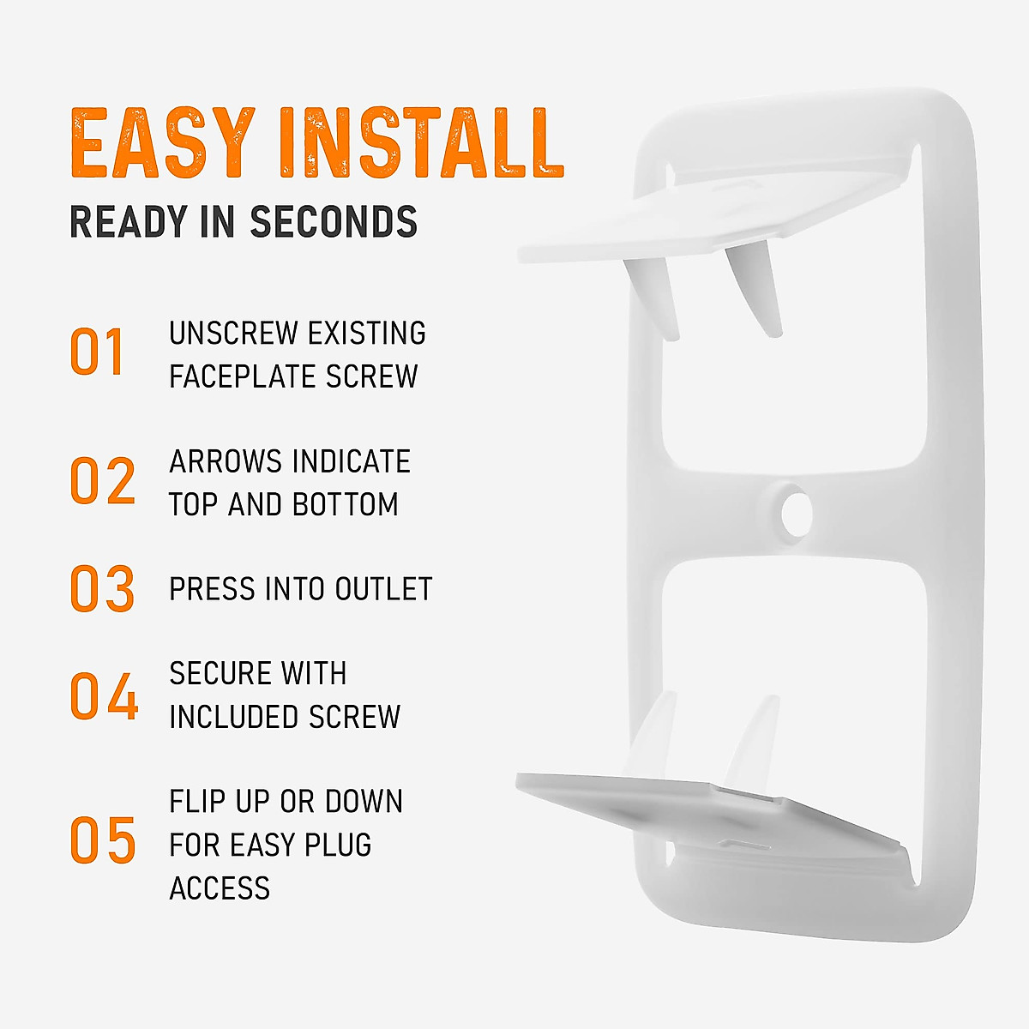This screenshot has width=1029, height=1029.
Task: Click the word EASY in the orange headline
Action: click(x=163, y=143)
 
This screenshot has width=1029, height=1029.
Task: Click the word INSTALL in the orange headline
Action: click(x=421, y=143)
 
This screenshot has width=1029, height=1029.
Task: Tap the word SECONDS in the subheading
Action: click(x=334, y=222)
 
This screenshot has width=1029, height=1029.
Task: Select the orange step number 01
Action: click(x=98, y=352)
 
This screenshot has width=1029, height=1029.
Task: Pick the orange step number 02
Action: click(x=103, y=481)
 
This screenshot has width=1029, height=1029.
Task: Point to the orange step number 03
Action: click(x=103, y=589)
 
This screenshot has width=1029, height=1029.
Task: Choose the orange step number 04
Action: click(x=104, y=695)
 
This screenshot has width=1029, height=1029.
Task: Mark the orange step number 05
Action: click(x=103, y=840)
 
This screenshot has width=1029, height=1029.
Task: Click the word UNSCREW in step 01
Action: click(x=232, y=333)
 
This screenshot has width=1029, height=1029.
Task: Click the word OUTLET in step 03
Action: click(x=383, y=589)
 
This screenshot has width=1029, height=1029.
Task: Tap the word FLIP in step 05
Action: click(x=196, y=802)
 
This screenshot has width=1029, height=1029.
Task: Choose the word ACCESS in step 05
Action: click(x=220, y=888)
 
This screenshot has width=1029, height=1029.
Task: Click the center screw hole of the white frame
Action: click(x=796, y=512)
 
